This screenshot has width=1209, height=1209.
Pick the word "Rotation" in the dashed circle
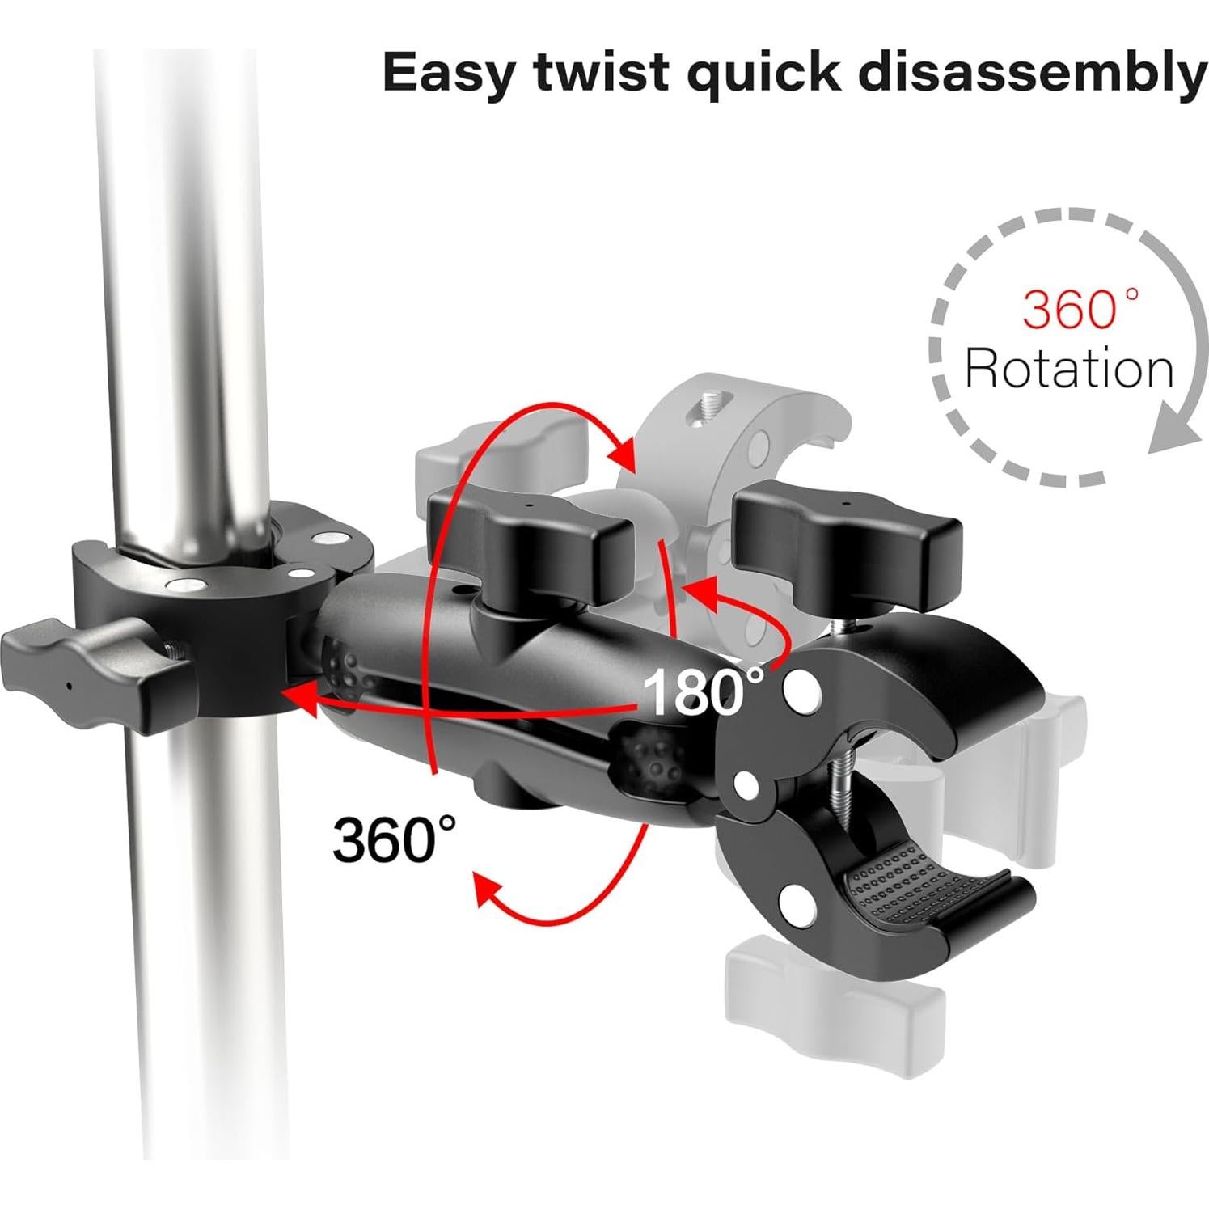coord(1069,368)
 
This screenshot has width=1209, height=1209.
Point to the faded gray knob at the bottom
coord(834,978)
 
